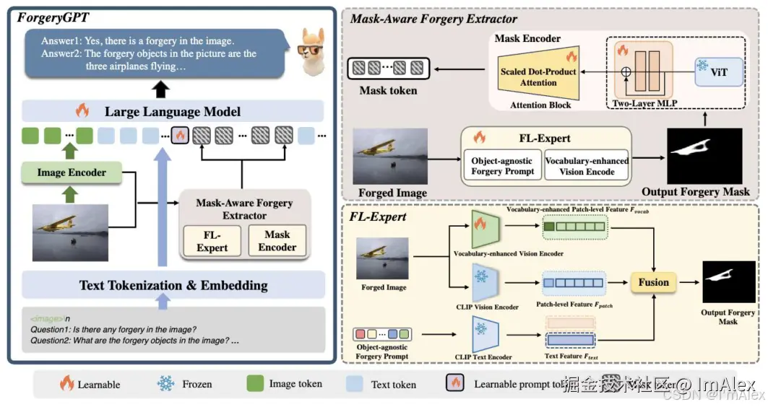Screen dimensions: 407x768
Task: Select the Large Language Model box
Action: tap(172, 112)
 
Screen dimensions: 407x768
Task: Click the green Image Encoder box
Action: tap(72, 172)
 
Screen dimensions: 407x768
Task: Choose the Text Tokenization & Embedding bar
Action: tap(173, 285)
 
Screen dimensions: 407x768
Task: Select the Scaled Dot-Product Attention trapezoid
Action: tap(538, 78)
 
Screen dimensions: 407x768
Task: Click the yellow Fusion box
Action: tap(653, 282)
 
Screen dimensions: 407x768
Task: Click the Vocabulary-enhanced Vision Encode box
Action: tap(587, 166)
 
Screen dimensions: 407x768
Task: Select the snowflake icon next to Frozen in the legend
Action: tap(166, 384)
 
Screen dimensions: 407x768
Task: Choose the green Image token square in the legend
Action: tap(255, 383)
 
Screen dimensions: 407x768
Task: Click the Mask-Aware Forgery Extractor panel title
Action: tap(433, 19)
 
